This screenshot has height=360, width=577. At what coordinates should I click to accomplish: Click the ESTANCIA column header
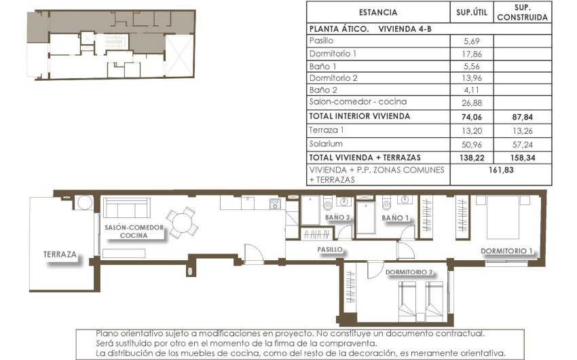[377, 12]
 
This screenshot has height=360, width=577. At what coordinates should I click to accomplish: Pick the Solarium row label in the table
[326, 144]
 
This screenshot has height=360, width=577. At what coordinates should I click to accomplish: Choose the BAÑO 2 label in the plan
[337, 217]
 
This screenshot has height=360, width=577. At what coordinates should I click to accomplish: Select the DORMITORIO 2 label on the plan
[409, 272]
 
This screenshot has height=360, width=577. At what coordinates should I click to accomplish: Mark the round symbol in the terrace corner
[85, 203]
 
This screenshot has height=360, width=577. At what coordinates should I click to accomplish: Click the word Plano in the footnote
[108, 334]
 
